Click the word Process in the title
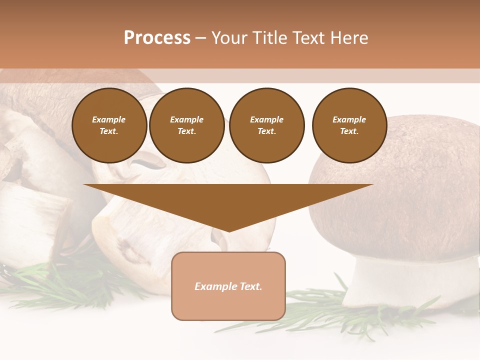pyautogui.click(x=157, y=38)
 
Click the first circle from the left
pyautogui.click(x=109, y=125)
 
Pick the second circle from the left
pyautogui.click(x=187, y=125)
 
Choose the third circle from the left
pyautogui.click(x=267, y=125)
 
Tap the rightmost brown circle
pyautogui.click(x=349, y=125)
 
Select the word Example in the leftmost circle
pyautogui.click(x=109, y=119)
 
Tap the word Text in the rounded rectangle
pyautogui.click(x=250, y=286)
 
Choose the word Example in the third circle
pyautogui.click(x=267, y=119)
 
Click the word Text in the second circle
pyautogui.click(x=186, y=131)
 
